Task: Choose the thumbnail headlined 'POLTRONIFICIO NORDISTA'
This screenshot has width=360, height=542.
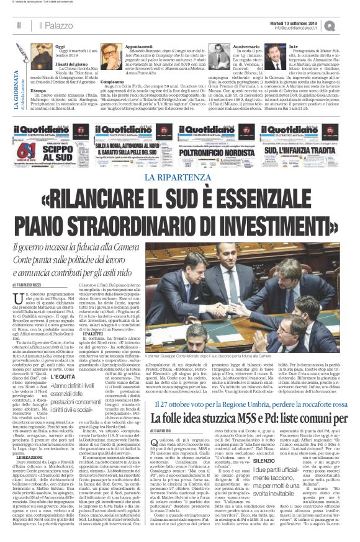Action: coord(229,149)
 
